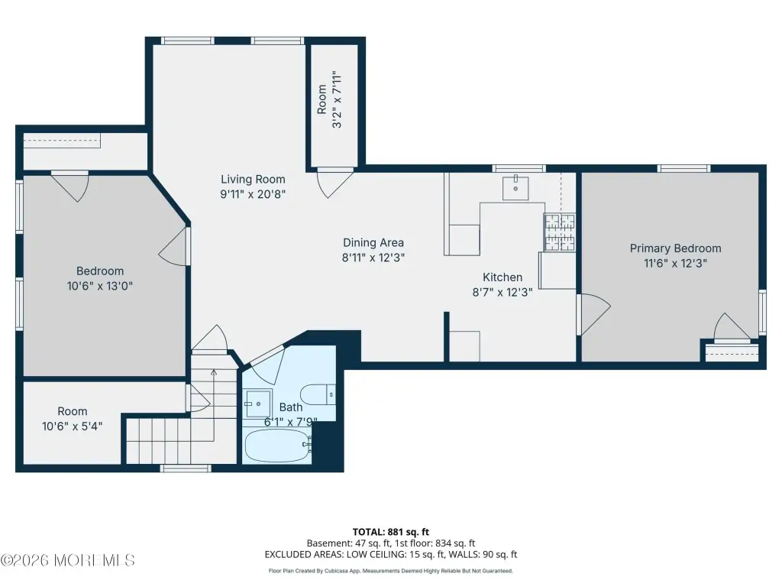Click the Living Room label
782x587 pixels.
(x=253, y=179)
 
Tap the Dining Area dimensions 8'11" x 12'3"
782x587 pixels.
(x=373, y=258)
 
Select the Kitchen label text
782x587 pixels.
(x=502, y=277)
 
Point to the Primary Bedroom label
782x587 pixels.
(x=675, y=248)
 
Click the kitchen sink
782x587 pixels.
(x=515, y=188)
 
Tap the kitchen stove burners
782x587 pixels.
(x=560, y=232)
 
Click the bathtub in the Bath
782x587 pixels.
(x=278, y=446)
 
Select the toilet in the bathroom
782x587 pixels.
(x=318, y=395)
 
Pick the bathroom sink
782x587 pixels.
(x=258, y=404)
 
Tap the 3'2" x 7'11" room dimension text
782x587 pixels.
(x=338, y=99)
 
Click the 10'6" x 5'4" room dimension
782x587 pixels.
(x=73, y=426)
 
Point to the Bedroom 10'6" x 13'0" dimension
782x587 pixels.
(x=100, y=286)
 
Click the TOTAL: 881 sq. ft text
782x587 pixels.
(x=390, y=532)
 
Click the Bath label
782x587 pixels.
(x=291, y=407)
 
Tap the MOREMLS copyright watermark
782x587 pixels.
(x=67, y=560)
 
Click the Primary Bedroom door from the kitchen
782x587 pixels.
(x=593, y=314)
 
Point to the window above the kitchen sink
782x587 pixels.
(x=519, y=169)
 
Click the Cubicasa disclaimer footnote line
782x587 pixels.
(x=390, y=571)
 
